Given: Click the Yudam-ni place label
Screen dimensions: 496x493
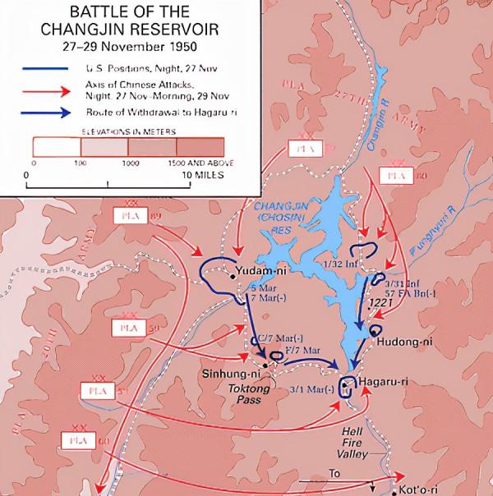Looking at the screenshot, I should click(x=258, y=270).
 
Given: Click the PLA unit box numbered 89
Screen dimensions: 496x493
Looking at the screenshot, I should click(x=133, y=218).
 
